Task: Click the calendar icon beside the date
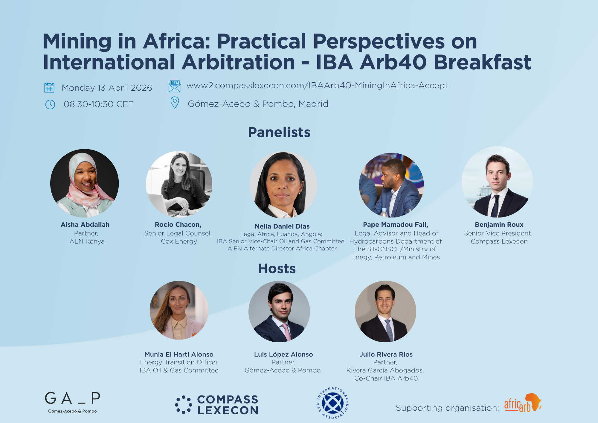point(49,87)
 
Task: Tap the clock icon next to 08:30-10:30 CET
point(50,104)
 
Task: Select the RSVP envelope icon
point(175,86)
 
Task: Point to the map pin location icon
point(175,103)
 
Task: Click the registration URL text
point(317,86)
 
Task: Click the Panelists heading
point(279,132)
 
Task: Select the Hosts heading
point(277,269)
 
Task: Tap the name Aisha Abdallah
point(85,225)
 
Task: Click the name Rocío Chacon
point(178,225)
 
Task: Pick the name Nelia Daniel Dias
point(282,226)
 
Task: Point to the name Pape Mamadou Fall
point(396,225)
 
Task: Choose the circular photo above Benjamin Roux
point(497,182)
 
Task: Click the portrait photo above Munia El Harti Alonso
point(179,310)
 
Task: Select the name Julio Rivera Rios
point(386,354)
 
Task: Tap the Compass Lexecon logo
point(217,405)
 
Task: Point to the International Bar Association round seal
point(332,403)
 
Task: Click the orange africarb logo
point(523,403)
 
